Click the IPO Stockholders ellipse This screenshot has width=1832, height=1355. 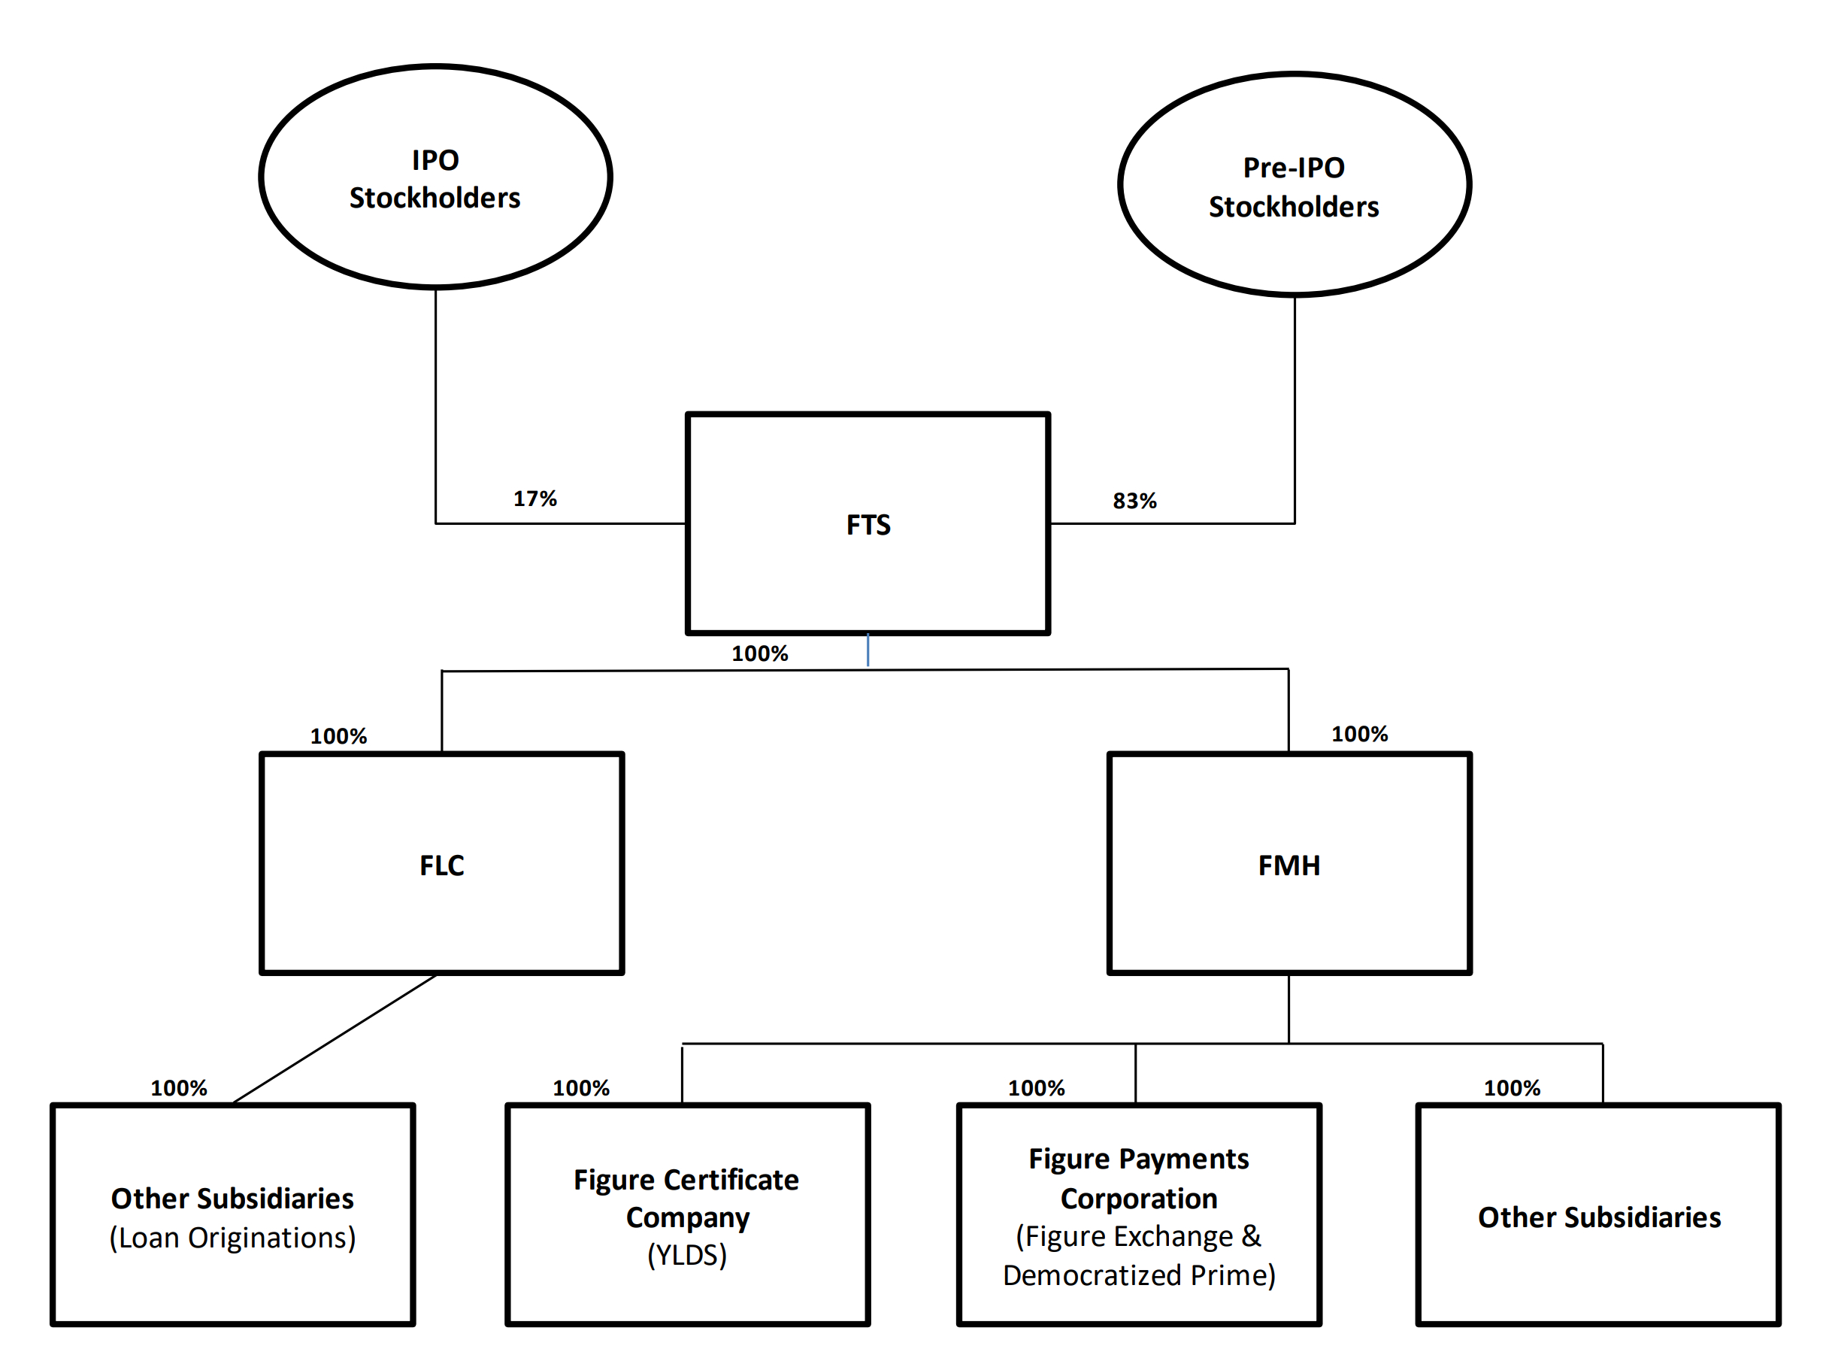[435, 178]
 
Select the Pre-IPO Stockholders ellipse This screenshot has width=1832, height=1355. [1293, 186]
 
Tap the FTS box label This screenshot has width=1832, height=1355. [868, 525]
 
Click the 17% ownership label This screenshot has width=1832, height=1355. [534, 499]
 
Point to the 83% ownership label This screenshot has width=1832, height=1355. [1134, 501]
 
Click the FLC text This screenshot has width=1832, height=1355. [441, 865]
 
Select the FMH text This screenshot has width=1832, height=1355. [1288, 865]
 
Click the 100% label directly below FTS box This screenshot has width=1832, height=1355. [759, 653]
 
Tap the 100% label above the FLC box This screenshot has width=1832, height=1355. [338, 737]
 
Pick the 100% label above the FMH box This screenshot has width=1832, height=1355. [1359, 734]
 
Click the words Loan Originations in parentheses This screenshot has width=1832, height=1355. [233, 1238]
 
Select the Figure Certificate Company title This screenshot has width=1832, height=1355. [686, 1199]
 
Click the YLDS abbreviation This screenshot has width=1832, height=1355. [687, 1256]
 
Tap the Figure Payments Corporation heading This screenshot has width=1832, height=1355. [1138, 1178]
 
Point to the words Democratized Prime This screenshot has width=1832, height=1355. [1138, 1275]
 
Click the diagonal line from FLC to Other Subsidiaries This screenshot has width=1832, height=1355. [335, 1039]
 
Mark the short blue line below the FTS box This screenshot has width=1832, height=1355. [868, 650]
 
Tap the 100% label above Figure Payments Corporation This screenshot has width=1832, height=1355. [1036, 1088]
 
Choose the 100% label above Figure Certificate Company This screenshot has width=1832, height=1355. [580, 1088]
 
